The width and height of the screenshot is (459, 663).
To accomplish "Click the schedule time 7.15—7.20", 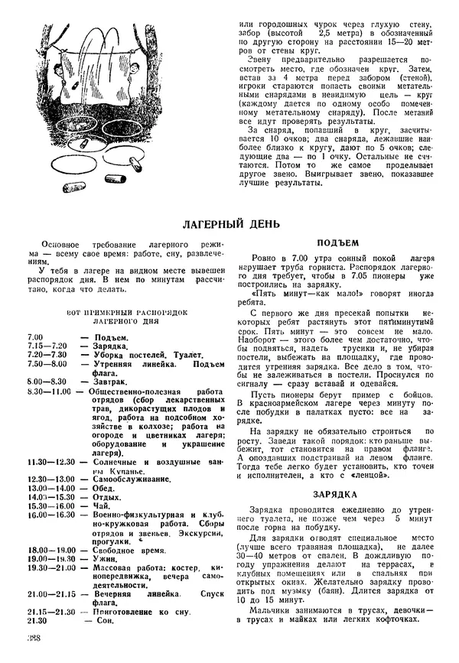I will coord(47,346).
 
